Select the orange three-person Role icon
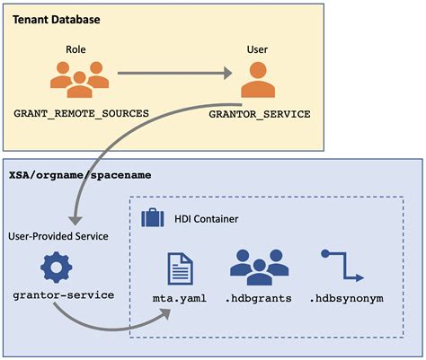point(75,80)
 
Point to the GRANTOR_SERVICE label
point(259,115)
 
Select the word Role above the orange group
point(75,50)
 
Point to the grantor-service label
point(58,295)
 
